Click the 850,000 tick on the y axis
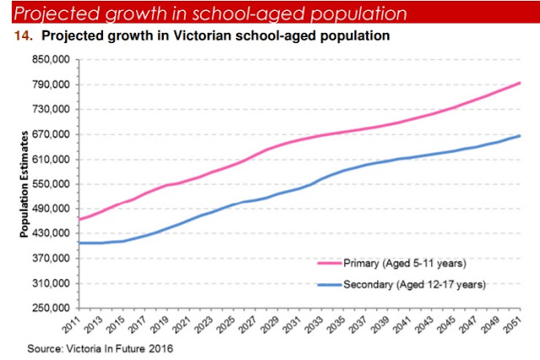51,60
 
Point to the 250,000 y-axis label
51,308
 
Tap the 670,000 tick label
51,134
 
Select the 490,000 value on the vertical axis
51,208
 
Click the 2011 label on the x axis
72,325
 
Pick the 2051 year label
513,325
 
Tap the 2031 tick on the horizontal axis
293,325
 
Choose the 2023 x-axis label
204,325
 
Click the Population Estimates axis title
24,184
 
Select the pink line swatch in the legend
330,263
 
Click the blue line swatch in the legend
330,285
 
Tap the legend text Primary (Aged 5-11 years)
405,263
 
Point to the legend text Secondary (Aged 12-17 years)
414,285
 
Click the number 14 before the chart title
24,35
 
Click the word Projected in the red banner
57,13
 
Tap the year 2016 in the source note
161,349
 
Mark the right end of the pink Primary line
520,83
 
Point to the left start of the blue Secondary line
79,243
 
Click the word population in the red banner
359,14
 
